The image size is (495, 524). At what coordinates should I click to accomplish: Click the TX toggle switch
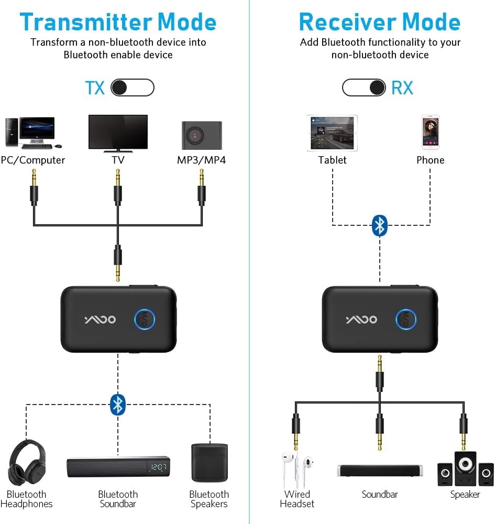point(133,88)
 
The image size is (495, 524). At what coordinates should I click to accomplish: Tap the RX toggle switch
point(364,88)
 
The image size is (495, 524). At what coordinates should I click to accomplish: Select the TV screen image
point(118,133)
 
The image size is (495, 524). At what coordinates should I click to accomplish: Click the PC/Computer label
point(33,160)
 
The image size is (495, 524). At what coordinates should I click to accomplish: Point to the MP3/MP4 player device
point(202,136)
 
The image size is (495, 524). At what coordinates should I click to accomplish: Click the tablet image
point(332,133)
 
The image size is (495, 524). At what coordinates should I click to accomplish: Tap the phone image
point(430,133)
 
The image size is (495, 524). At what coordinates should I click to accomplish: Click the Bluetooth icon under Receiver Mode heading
point(380,225)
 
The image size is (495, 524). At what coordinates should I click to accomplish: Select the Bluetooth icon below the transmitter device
point(118,404)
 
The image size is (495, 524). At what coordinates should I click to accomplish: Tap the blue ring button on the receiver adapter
point(406,319)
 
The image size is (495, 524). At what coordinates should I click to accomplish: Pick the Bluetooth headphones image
point(27,463)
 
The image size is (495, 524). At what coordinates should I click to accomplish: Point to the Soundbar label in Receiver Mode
point(380,494)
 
